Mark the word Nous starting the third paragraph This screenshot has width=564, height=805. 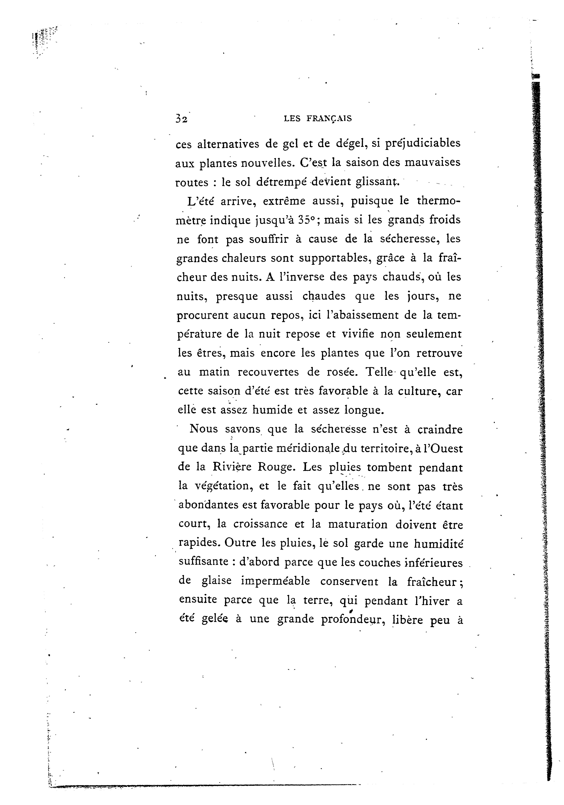204,429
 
